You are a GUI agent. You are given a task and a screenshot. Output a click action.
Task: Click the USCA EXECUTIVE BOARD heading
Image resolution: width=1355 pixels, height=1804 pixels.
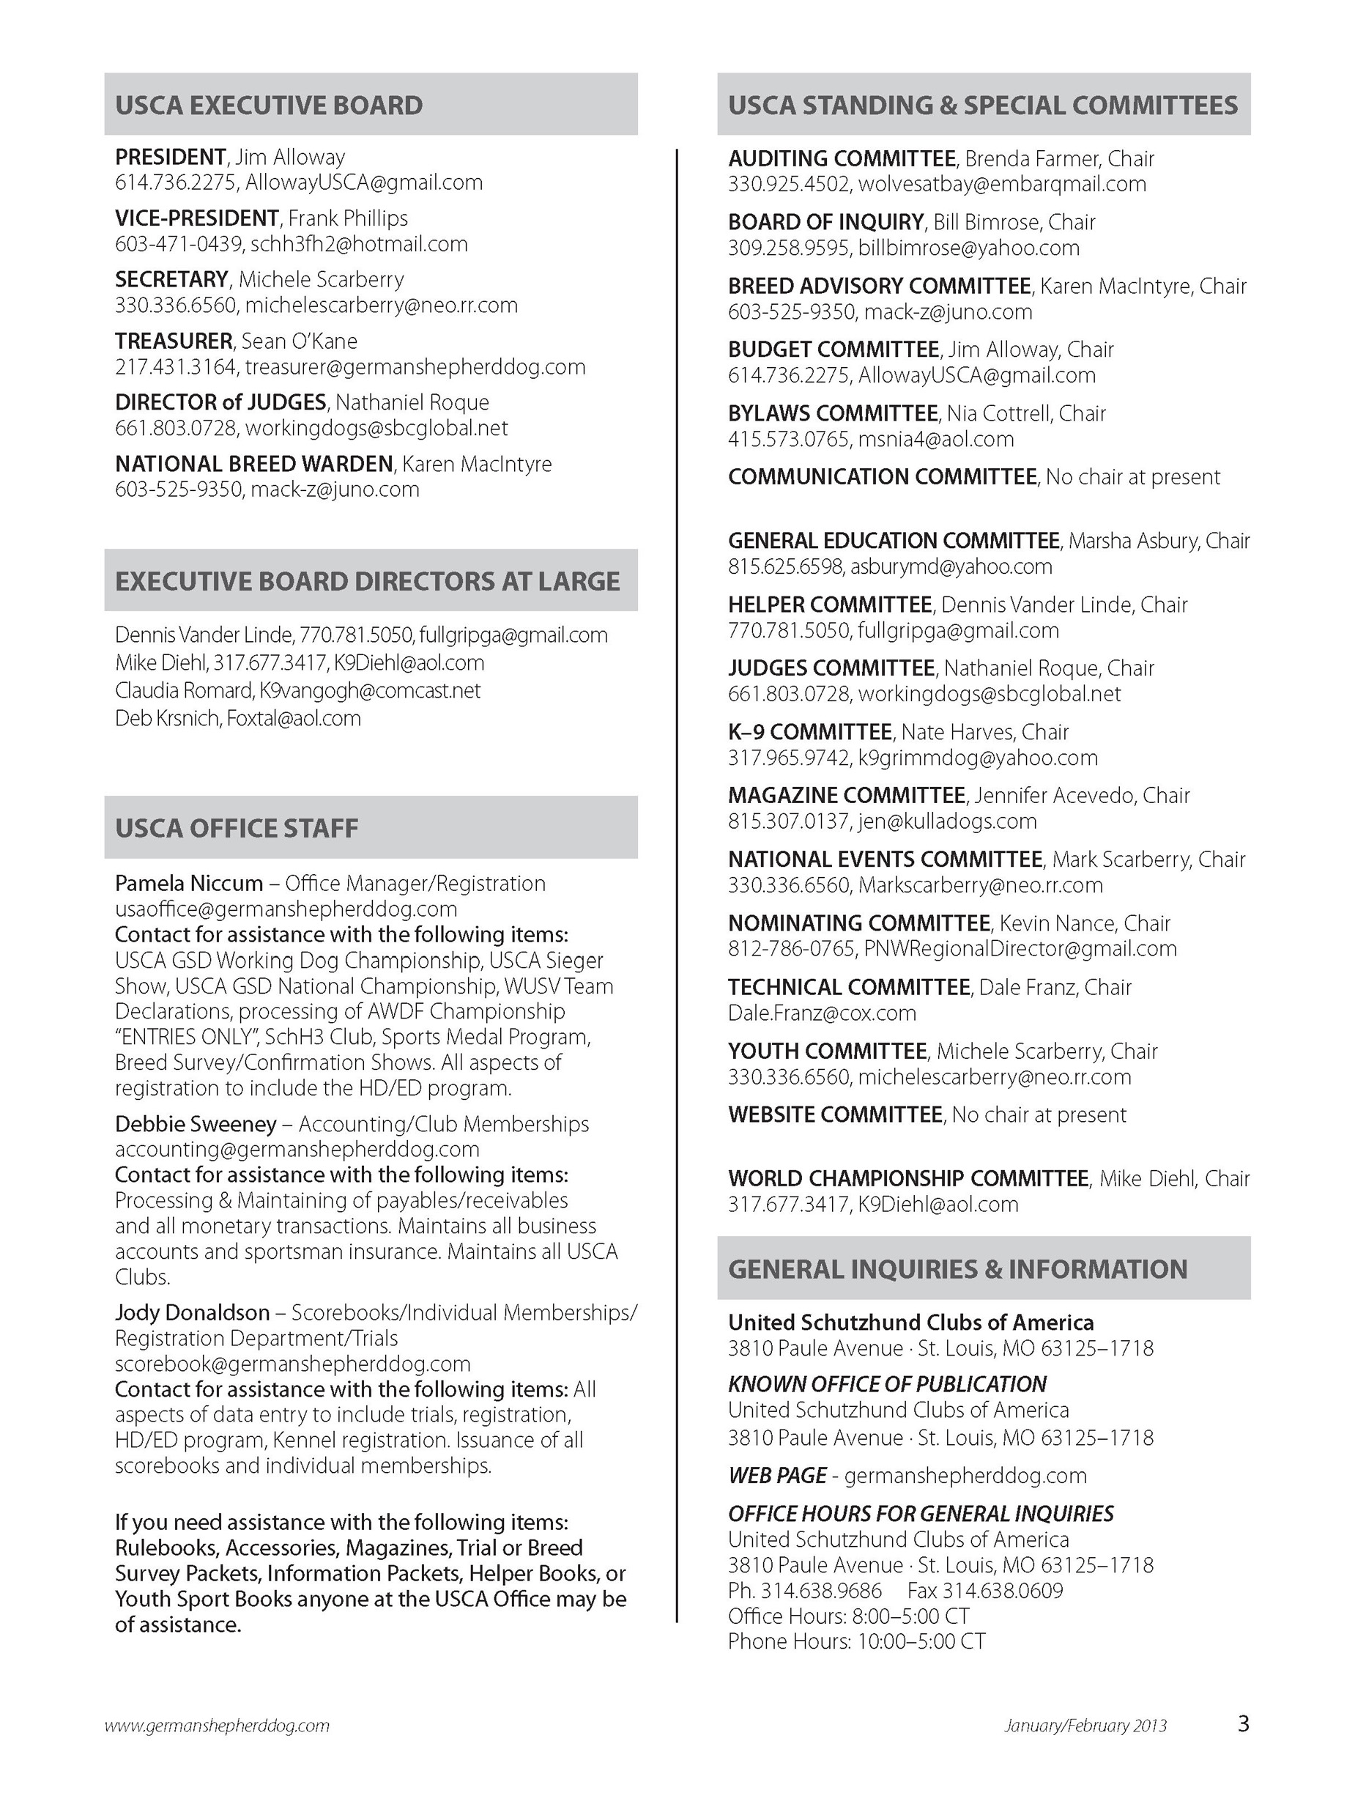[269, 106]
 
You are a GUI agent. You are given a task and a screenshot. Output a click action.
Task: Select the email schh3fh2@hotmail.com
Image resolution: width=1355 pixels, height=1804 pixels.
[359, 244]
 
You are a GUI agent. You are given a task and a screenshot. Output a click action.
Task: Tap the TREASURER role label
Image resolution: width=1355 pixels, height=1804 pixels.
[174, 341]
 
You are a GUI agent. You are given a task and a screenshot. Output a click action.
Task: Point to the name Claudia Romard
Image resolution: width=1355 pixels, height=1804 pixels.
[183, 691]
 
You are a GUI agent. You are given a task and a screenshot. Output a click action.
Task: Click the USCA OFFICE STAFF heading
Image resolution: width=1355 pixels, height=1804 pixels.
[237, 828]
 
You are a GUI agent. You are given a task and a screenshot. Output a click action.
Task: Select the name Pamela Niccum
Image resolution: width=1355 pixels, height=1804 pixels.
[189, 883]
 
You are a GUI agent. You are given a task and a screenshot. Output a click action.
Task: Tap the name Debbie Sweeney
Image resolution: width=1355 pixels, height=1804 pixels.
[196, 1124]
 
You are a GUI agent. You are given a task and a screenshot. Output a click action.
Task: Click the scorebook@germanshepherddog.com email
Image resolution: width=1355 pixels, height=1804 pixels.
[293, 1364]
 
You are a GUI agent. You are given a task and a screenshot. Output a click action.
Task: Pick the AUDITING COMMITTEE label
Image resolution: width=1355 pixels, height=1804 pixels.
[842, 158]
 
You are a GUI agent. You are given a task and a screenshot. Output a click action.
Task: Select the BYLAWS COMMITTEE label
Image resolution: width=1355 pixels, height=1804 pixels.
[832, 413]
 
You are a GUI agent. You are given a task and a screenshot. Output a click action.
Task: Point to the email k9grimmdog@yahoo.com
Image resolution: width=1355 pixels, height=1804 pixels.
[978, 758]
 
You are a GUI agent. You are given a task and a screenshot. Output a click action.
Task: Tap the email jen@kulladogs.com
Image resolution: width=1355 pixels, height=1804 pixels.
[947, 821]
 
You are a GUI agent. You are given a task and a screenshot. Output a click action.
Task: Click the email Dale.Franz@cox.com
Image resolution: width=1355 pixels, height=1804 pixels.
[822, 1013]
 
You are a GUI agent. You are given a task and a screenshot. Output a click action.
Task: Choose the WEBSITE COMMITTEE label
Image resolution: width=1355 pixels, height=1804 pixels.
[835, 1114]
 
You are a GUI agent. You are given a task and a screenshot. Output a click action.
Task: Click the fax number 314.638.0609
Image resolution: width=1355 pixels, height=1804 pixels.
[1003, 1590]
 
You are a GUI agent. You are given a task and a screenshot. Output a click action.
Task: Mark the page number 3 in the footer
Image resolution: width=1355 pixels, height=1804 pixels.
[1244, 1723]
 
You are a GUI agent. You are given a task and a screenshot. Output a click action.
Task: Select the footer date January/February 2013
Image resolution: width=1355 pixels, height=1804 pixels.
[1085, 1726]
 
